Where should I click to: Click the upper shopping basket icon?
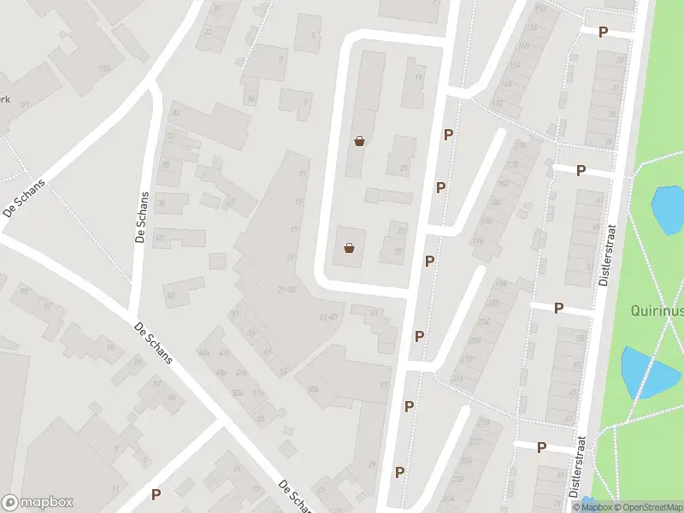click(360, 141)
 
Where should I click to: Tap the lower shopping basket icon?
click(349, 248)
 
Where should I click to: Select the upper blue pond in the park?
click(668, 209)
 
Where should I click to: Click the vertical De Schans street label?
click(143, 217)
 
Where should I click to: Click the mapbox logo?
click(38, 503)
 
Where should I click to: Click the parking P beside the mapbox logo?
click(156, 494)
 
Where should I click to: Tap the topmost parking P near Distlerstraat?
click(603, 32)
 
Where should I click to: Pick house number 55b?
click(312, 389)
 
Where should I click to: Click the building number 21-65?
click(286, 290)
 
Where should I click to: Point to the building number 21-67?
click(328, 316)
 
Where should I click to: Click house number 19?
click(418, 78)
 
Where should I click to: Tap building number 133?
click(105, 68)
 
